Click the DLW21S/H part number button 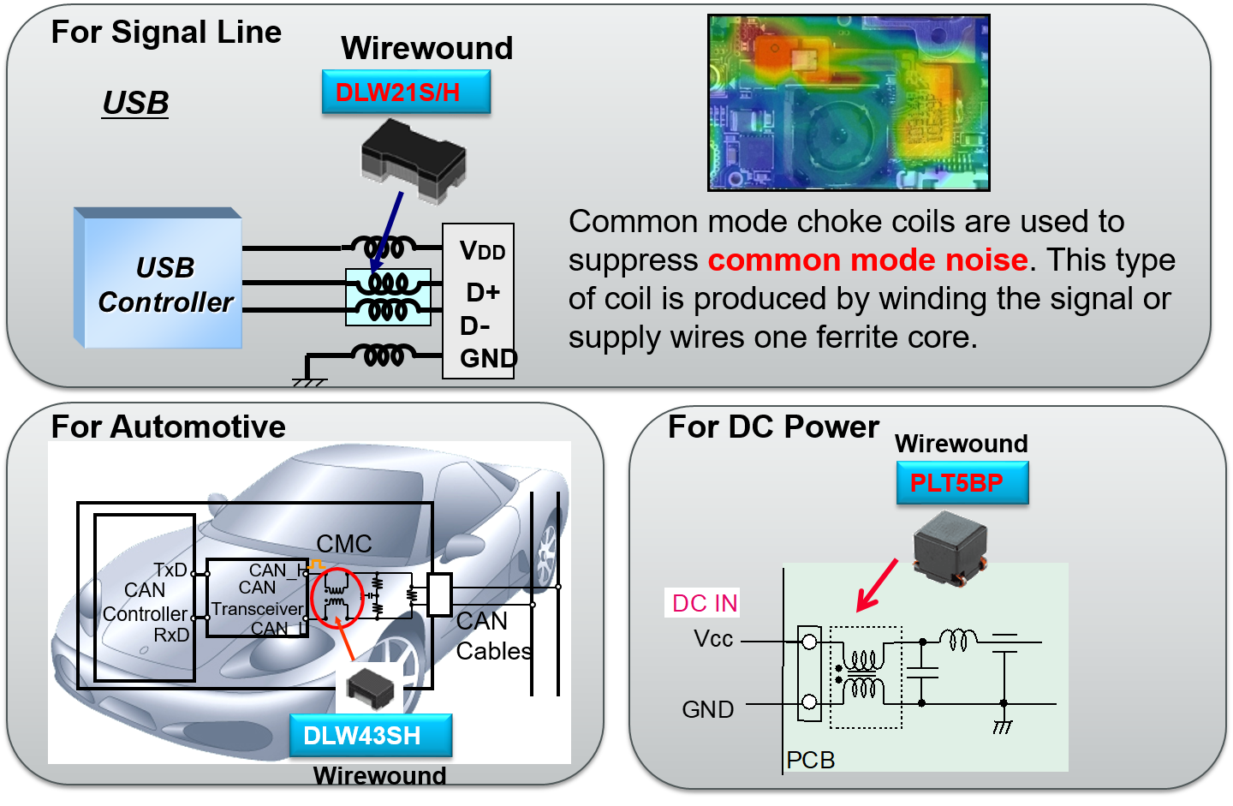[406, 92]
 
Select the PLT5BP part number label [962, 483]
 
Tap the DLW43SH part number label [370, 736]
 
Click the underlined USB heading [135, 103]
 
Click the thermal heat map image [849, 103]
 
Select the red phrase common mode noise [867, 260]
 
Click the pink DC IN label [704, 603]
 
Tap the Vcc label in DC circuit [713, 639]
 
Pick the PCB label [810, 760]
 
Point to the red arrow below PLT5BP [877, 586]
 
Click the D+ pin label [483, 292]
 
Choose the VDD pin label [482, 251]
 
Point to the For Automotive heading [168, 427]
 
